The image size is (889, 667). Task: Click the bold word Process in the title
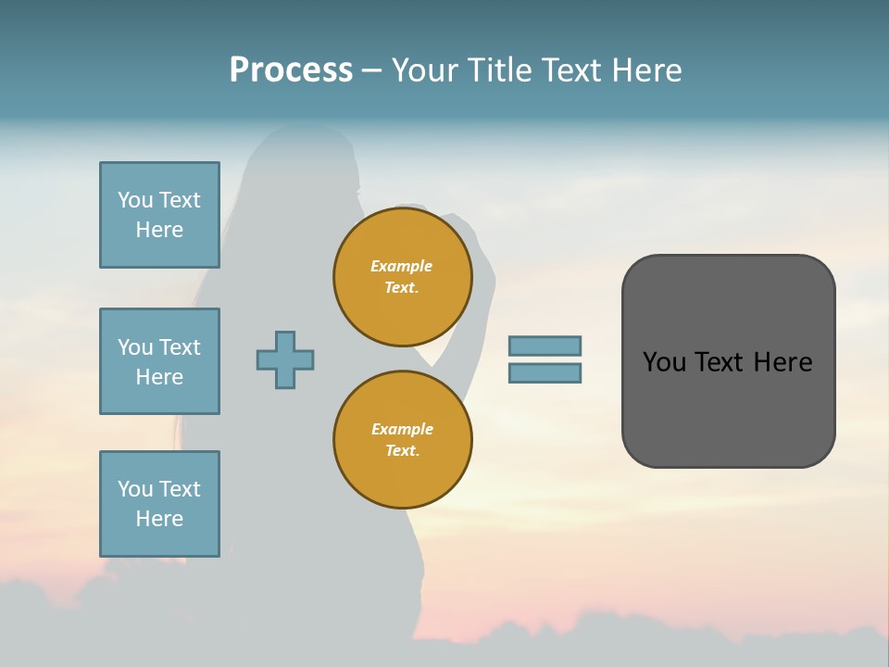291,70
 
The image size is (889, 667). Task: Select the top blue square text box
159,215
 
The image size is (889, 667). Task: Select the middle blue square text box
159,361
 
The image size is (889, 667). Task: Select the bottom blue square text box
159,504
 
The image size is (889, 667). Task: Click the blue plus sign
285,359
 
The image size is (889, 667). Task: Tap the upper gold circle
403,277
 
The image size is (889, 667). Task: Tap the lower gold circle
403,440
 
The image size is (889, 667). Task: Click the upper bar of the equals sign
545,346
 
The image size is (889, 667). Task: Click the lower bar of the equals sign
545,372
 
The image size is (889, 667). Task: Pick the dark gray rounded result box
728,408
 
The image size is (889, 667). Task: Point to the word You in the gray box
664,362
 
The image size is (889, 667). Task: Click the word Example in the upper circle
401,266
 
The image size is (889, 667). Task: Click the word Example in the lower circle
402,429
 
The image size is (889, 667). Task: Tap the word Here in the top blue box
159,230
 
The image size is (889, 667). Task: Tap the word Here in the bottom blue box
159,519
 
